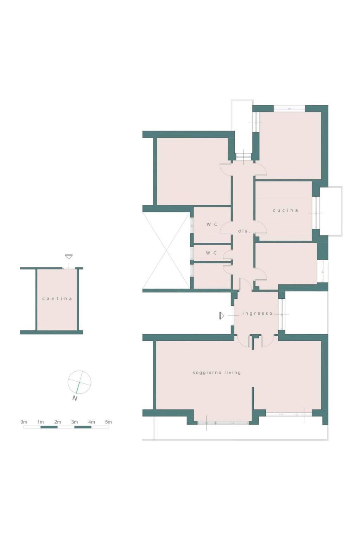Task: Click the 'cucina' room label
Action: pos(285,210)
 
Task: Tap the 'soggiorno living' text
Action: pos(217,373)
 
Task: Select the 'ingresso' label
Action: pos(257,314)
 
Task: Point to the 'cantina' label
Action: pos(57,298)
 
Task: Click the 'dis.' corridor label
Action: pos(244,231)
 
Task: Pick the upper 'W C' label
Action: pos(212,224)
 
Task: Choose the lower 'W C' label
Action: pos(211,253)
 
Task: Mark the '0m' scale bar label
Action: pos(24,422)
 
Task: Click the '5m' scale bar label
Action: pos(108,422)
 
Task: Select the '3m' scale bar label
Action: pos(75,422)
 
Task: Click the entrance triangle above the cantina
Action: pos(69,256)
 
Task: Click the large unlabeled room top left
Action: pos(193,171)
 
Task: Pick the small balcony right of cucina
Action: pos(331,211)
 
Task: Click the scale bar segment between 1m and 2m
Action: pos(49,427)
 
